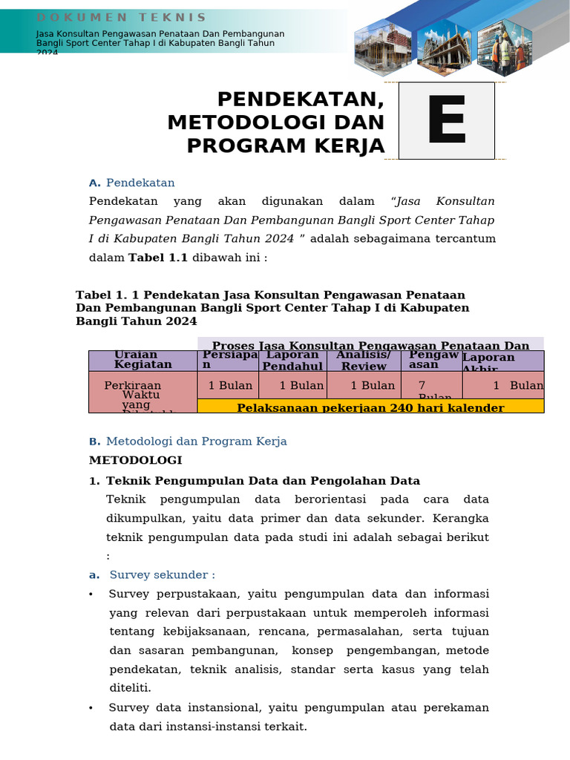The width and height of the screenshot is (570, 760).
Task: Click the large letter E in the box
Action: click(x=446, y=121)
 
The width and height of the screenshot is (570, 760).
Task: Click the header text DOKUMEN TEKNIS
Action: click(x=122, y=17)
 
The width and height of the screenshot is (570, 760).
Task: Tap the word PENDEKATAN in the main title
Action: click(x=301, y=99)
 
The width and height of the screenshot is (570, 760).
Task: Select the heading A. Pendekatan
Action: click(x=132, y=183)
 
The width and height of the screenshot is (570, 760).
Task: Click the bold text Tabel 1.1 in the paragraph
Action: click(x=158, y=258)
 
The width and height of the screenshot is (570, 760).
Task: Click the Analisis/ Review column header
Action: click(x=364, y=361)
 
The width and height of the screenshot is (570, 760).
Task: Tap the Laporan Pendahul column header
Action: click(x=292, y=361)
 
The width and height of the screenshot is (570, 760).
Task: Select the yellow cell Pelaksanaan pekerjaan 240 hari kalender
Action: click(x=370, y=407)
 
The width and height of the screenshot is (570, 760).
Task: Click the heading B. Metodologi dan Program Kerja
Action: click(x=188, y=441)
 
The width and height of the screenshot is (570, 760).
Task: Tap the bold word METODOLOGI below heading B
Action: click(x=135, y=460)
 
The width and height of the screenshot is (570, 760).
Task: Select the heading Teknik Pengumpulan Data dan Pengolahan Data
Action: click(x=263, y=480)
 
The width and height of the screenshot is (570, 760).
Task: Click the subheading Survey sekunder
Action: click(x=162, y=574)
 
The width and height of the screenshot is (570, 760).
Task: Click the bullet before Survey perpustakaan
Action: click(x=91, y=594)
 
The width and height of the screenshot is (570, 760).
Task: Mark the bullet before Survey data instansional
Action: click(x=91, y=707)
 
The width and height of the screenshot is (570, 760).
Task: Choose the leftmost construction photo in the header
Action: click(x=381, y=49)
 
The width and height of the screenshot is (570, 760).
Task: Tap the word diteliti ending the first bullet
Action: click(x=130, y=688)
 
